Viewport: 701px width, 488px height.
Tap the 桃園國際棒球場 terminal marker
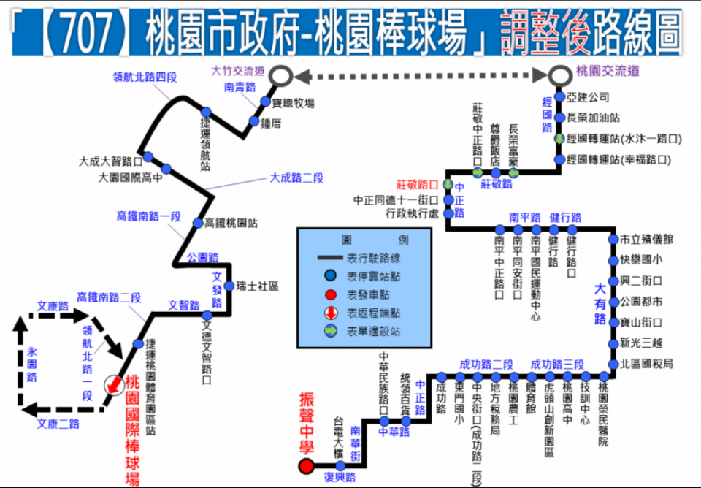pos(112,384)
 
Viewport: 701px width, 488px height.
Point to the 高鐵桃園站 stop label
pos(231,223)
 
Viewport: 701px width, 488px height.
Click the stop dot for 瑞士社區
pos(230,286)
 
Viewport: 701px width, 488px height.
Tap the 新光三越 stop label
pos(641,343)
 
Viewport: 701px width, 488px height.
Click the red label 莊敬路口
pos(417,184)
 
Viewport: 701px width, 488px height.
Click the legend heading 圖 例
pos(365,240)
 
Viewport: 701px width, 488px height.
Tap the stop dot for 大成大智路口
pos(148,156)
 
